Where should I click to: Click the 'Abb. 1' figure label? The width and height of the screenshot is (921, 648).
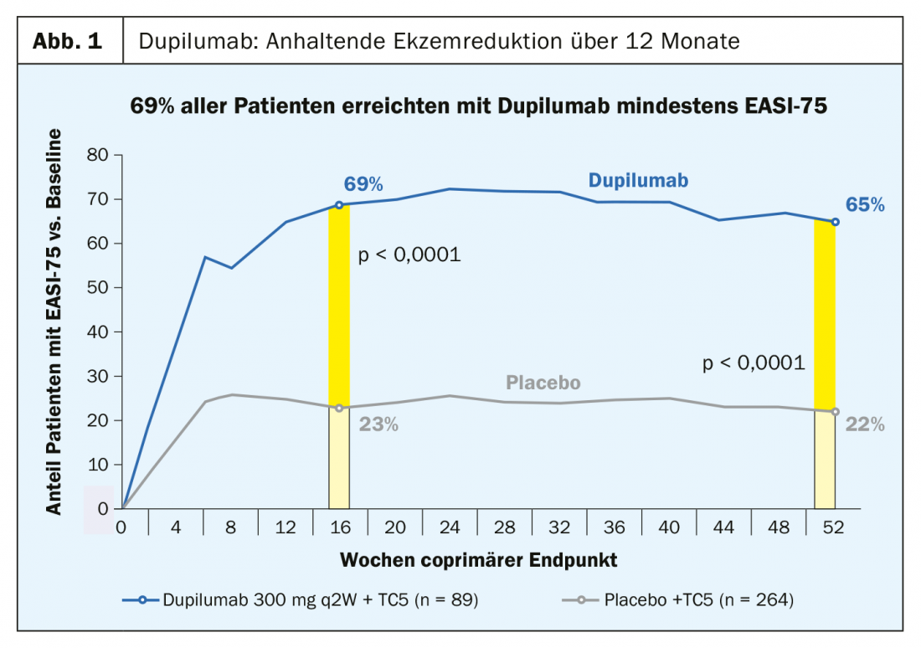click(x=69, y=41)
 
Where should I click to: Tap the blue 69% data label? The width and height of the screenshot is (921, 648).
click(x=363, y=184)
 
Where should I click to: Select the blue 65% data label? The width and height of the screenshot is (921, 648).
click(x=864, y=204)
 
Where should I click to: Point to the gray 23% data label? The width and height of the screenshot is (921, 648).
click(x=378, y=424)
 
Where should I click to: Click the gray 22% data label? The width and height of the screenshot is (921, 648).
click(x=864, y=424)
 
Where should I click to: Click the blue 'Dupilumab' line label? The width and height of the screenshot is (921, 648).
click(x=638, y=180)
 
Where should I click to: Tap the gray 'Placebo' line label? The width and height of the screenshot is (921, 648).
click(x=543, y=383)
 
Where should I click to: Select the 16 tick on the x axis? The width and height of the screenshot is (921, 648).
click(x=339, y=527)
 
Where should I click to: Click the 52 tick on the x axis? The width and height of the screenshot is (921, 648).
click(x=834, y=527)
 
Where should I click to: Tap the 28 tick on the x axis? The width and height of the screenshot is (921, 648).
click(x=504, y=527)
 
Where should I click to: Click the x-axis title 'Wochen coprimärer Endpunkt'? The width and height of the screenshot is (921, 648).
click(x=479, y=558)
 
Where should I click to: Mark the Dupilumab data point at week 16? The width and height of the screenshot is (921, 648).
click(x=339, y=205)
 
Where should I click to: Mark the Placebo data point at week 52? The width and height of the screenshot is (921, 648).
click(x=834, y=412)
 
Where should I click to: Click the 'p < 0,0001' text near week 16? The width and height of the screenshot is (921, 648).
click(x=409, y=255)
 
